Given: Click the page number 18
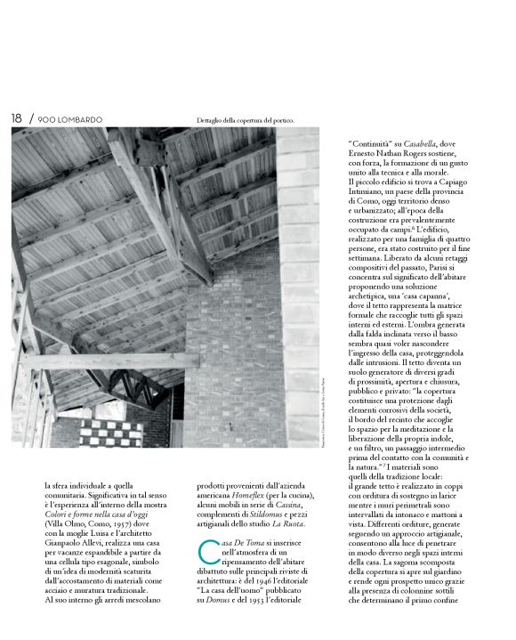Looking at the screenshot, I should [x=16, y=118].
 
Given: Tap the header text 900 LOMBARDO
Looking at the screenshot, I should [x=70, y=119].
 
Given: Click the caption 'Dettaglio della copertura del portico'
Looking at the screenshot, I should [x=245, y=120].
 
